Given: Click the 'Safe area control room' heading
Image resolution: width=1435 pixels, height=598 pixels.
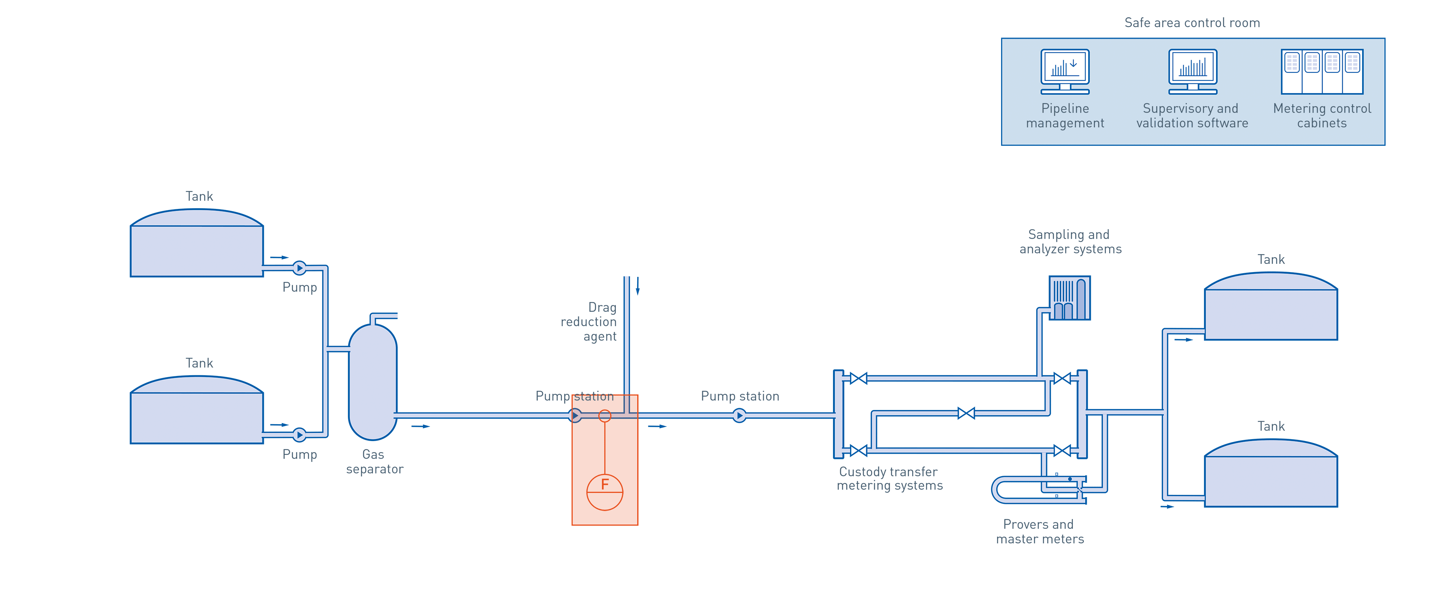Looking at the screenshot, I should click(x=1192, y=23).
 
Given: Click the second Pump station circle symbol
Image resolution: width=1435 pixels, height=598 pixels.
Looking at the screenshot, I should click(x=739, y=415).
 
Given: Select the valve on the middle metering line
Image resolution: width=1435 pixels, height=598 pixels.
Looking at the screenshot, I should click(x=966, y=413).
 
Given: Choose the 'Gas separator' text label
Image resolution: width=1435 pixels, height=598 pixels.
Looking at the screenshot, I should click(x=374, y=462).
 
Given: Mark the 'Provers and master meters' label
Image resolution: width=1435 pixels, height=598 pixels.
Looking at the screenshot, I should click(x=1040, y=532).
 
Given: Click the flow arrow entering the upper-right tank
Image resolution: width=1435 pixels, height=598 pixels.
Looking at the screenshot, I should click(x=1183, y=339).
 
